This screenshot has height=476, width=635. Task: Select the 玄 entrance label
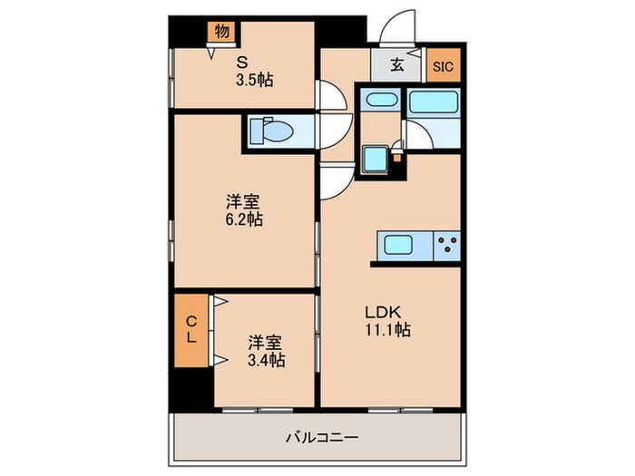tap(399, 65)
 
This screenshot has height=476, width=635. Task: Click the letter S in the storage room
tap(242, 63)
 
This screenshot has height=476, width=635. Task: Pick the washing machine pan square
tap(376, 159)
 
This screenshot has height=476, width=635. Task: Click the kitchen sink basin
tap(398, 245)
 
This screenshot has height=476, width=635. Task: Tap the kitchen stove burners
tap(446, 245)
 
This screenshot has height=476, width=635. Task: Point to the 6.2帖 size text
tap(244, 219)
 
